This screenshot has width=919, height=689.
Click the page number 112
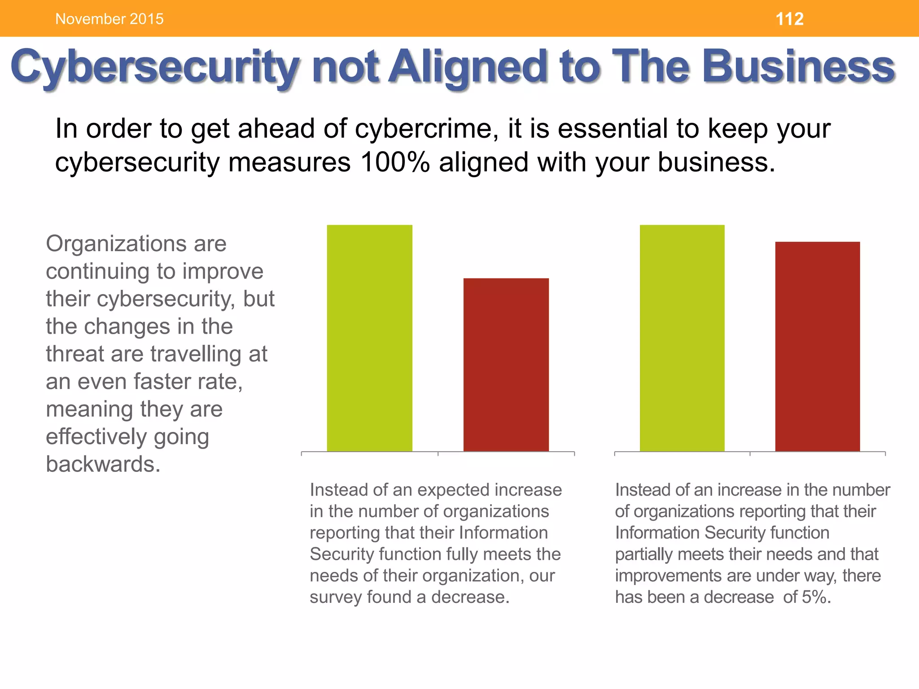coord(789,19)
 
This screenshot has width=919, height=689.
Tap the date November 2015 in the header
coord(109,19)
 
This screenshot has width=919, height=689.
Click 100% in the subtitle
coord(394,162)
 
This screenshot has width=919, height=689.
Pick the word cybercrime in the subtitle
coord(426,129)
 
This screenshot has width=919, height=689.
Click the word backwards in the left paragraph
coord(103,464)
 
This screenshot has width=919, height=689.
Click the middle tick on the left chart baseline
coord(438,454)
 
